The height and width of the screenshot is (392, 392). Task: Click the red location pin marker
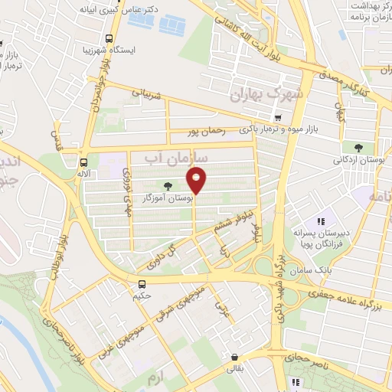pos(197,181)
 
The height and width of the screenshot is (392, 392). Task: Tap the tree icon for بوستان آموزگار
pos(168,185)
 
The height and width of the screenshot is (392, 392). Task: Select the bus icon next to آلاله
pos(83,162)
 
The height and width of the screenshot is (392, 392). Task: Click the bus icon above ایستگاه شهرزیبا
pos(109,38)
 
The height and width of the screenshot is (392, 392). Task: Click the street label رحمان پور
pos(207,132)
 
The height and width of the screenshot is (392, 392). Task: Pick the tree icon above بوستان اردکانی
pos(359,147)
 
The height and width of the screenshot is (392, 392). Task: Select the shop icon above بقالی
pos(233,356)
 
